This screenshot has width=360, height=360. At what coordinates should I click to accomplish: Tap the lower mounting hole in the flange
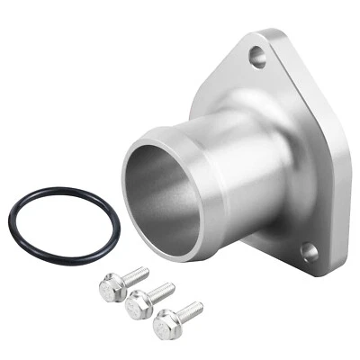(309, 253)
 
